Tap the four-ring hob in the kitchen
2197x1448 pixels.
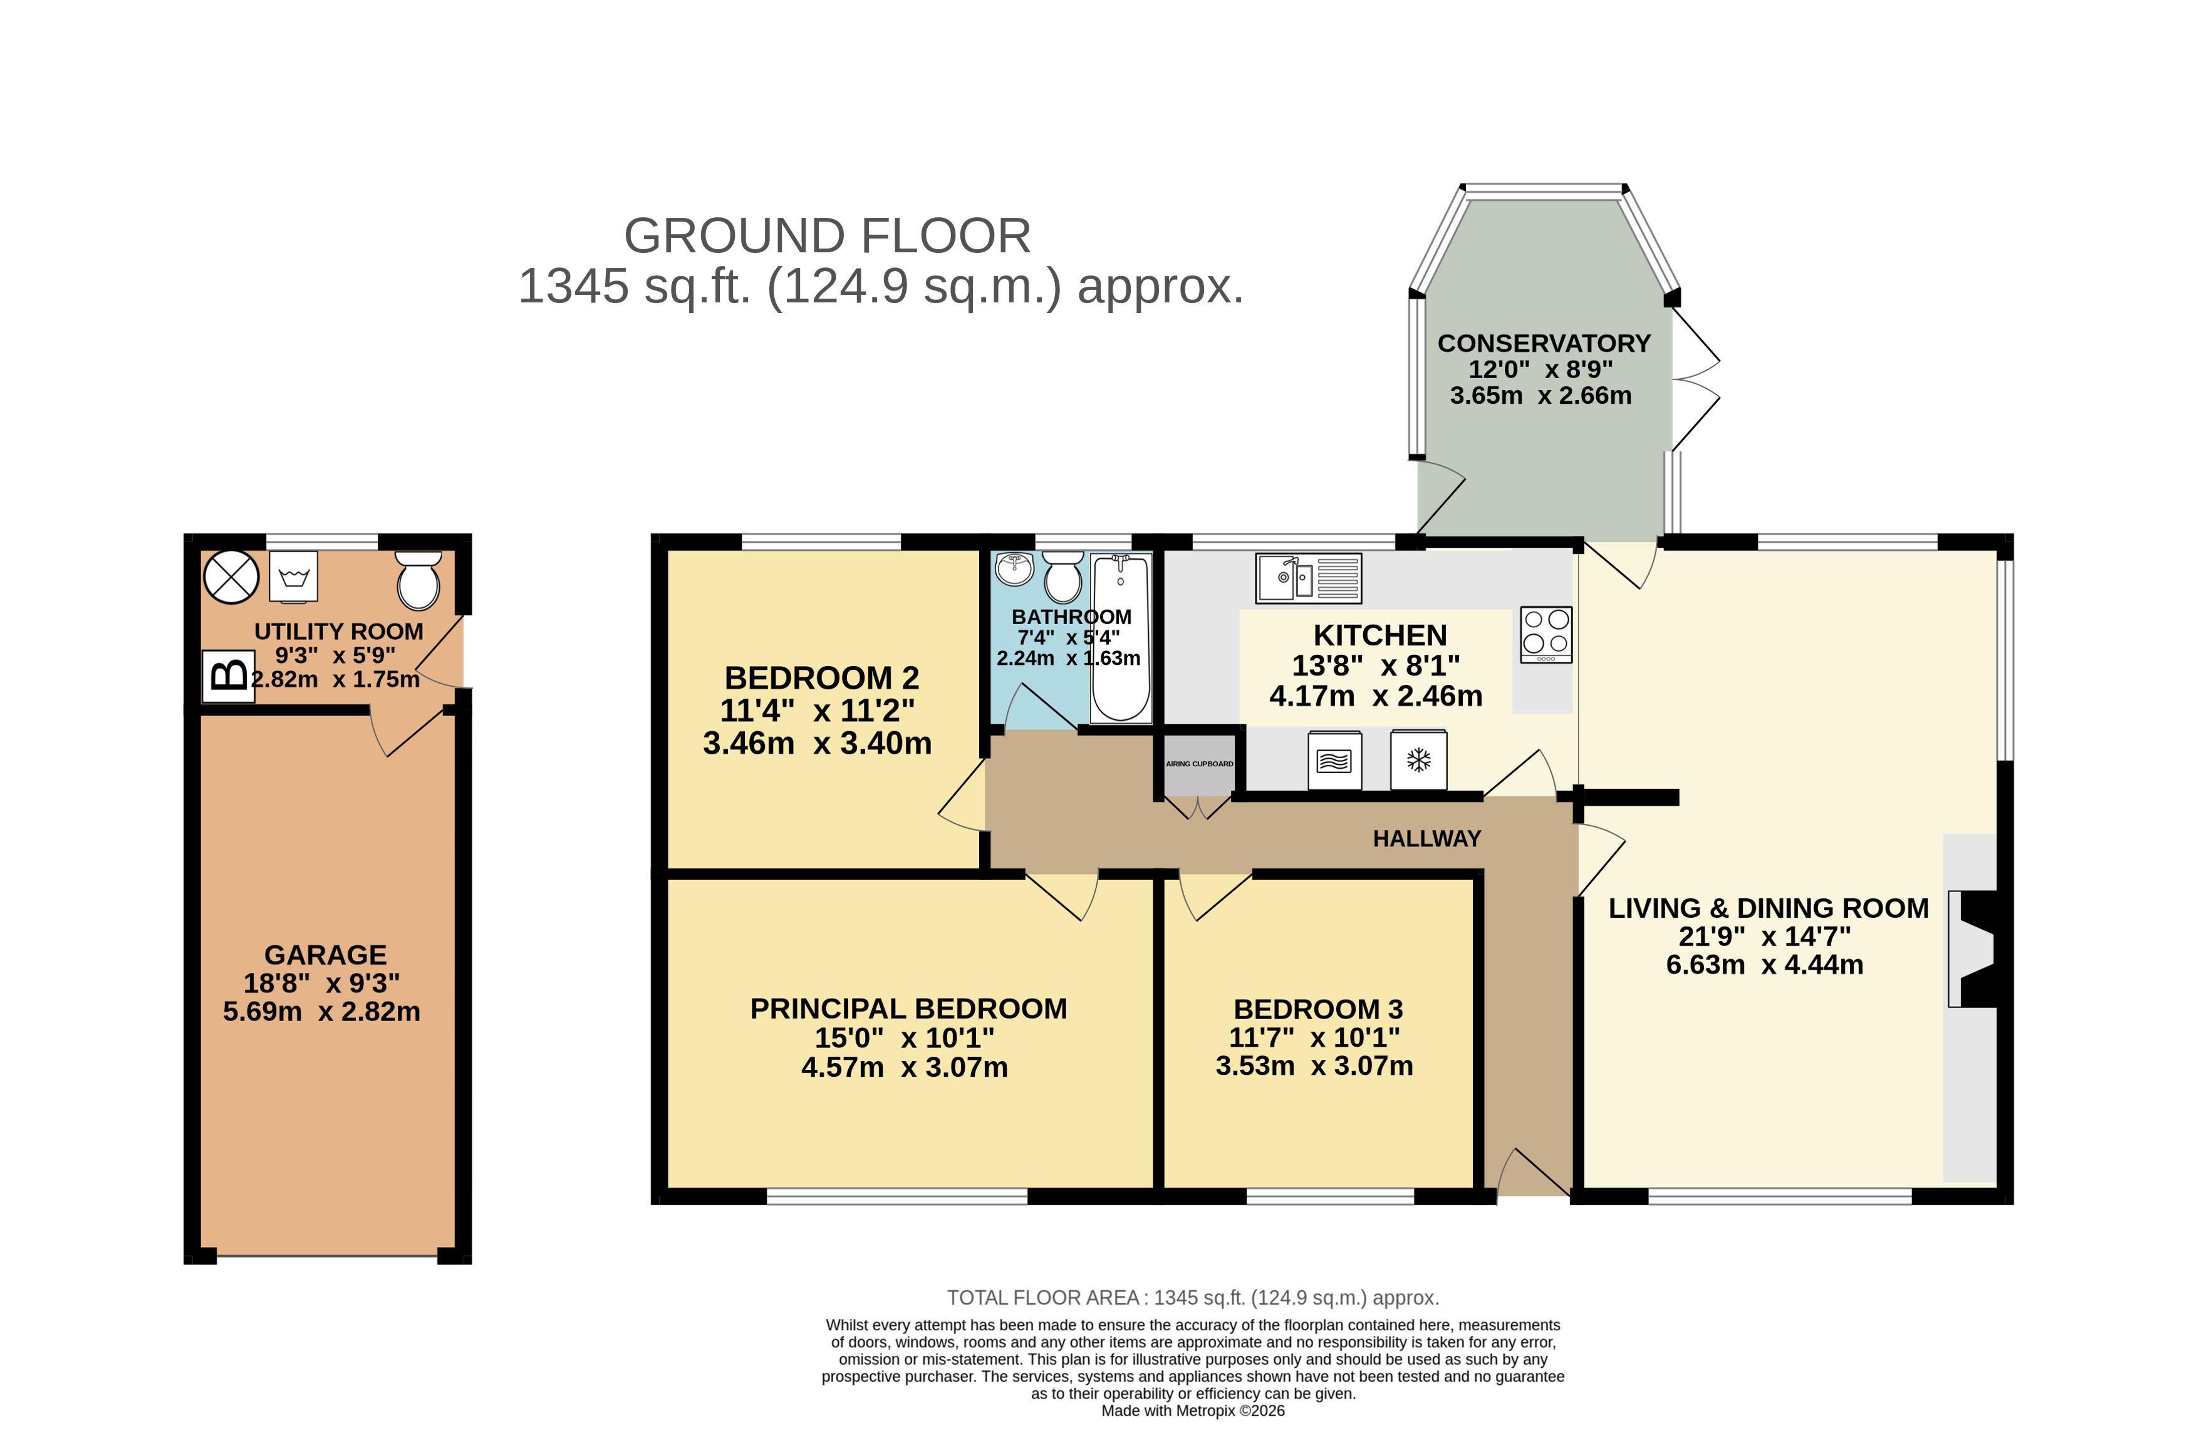[x=1545, y=634]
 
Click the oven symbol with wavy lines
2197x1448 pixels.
[x=1334, y=760]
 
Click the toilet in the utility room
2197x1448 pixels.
[x=418, y=580]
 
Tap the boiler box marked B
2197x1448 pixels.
[x=228, y=676]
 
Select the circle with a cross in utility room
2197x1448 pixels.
[x=231, y=577]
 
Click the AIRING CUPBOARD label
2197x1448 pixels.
[x=1198, y=764]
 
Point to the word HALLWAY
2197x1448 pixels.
[x=1426, y=838]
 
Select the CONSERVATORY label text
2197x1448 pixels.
[x=1543, y=344]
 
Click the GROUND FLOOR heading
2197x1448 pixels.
[x=827, y=237]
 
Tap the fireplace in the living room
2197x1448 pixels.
[x=1973, y=948]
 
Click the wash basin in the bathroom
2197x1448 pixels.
[x=1014, y=567]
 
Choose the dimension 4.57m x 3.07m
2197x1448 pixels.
[x=903, y=1067]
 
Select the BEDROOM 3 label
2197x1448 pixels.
[x=1317, y=1009]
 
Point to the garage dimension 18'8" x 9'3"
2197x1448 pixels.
[x=321, y=983]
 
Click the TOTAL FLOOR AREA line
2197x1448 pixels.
[x=1192, y=1298]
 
